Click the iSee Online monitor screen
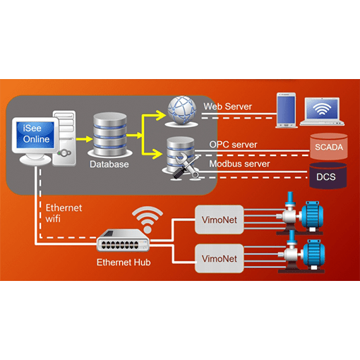pyautogui.click(x=35, y=134)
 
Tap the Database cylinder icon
pyautogui.click(x=110, y=134)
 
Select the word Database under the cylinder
pyautogui.click(x=109, y=164)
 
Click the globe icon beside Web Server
pyautogui.click(x=181, y=112)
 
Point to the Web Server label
pyautogui.click(x=227, y=107)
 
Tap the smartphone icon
pyautogui.click(x=286, y=110)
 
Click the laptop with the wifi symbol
pyautogui.click(x=322, y=112)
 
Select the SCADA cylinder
pyautogui.click(x=329, y=147)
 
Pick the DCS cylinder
pyautogui.click(x=328, y=176)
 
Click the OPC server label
pyautogui.click(x=233, y=145)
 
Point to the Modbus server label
pyautogui.click(x=239, y=164)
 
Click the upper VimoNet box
pyautogui.click(x=220, y=220)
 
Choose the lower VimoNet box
pyautogui.click(x=220, y=258)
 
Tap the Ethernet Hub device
pyautogui.click(x=123, y=240)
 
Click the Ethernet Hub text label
pyautogui.click(x=124, y=263)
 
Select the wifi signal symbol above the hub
pyautogui.click(x=148, y=219)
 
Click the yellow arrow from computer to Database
pyautogui.click(x=84, y=139)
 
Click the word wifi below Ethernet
pyautogui.click(x=53, y=219)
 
